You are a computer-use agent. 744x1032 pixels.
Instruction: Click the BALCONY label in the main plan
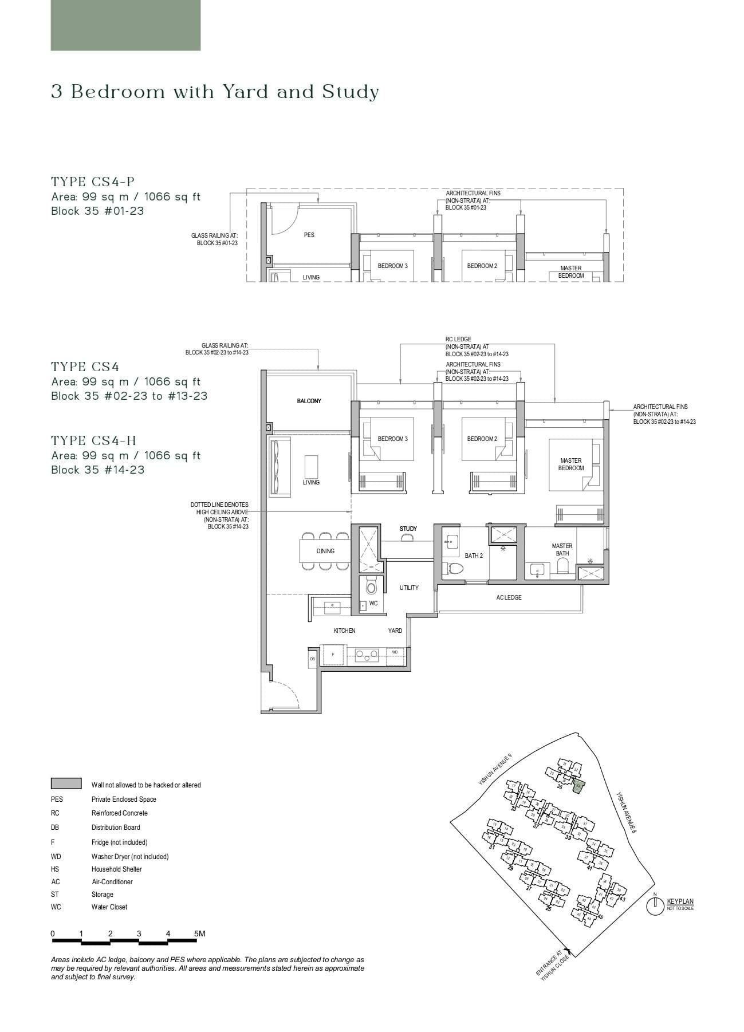[x=309, y=401]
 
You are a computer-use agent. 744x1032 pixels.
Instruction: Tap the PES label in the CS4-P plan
[x=309, y=235]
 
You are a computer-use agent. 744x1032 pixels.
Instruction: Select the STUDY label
[x=408, y=529]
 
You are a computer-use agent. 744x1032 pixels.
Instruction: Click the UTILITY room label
[x=409, y=588]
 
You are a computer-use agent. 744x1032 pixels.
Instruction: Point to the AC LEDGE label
[x=509, y=597]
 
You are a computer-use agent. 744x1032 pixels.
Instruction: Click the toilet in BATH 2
[x=456, y=568]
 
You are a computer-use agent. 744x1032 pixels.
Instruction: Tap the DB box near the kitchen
[x=313, y=659]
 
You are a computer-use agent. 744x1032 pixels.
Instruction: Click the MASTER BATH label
[x=562, y=550]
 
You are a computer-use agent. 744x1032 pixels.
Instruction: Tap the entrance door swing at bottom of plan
[x=285, y=696]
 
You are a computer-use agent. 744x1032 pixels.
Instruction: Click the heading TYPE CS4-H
[x=94, y=440]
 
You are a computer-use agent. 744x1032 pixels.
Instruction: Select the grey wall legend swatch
[x=66, y=783]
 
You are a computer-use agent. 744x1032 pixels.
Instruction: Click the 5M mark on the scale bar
[x=199, y=933]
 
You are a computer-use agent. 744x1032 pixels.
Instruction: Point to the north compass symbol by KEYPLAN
[x=655, y=906]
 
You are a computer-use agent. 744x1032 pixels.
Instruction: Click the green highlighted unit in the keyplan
[x=578, y=786]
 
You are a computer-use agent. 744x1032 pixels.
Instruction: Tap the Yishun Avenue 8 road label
[x=626, y=812]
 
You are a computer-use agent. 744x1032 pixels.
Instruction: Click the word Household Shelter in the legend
[x=116, y=869]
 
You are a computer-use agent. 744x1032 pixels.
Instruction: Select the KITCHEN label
[x=344, y=631]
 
